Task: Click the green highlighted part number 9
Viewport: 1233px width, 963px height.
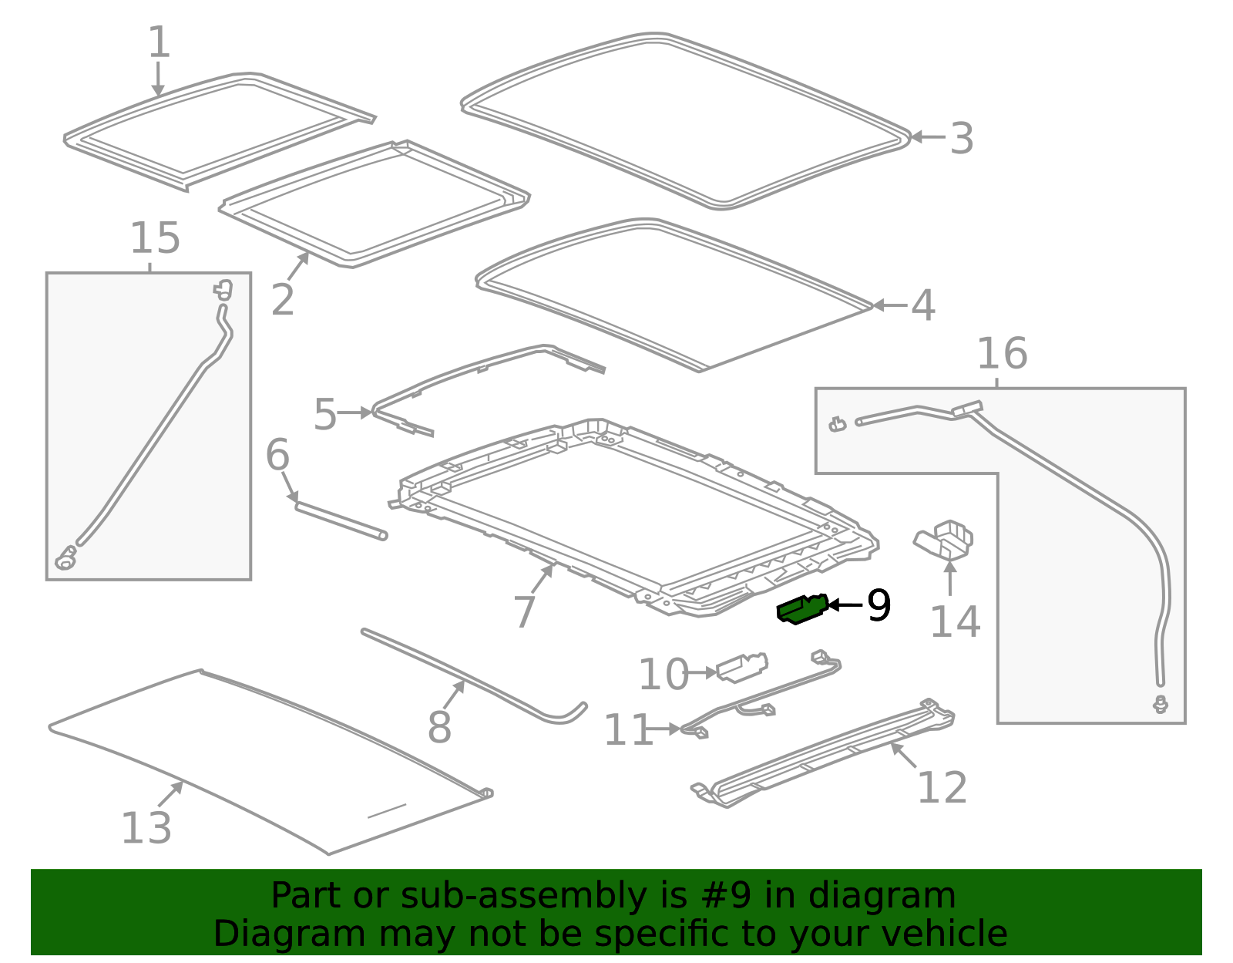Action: tap(801, 609)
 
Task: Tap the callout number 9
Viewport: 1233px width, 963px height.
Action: tap(879, 605)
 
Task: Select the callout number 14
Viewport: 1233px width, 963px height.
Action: tap(956, 622)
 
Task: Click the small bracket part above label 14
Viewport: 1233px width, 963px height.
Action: tap(943, 539)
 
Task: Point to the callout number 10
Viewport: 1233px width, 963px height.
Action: tap(664, 674)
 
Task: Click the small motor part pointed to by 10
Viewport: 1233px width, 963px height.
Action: tap(742, 667)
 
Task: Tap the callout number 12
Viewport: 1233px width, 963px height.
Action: tap(942, 788)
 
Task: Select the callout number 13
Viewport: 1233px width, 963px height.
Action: tap(146, 829)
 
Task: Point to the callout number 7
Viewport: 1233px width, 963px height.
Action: tap(524, 611)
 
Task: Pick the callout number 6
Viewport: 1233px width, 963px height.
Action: tap(278, 455)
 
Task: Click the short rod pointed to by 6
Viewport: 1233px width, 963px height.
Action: tap(341, 520)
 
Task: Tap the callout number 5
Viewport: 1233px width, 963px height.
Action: tap(326, 414)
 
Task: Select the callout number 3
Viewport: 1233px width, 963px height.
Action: tap(962, 139)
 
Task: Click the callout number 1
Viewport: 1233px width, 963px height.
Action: tap(159, 42)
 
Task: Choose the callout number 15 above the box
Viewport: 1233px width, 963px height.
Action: tap(156, 237)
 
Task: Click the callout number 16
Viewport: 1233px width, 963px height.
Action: tap(1002, 354)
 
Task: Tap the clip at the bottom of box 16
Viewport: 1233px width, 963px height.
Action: tap(1161, 704)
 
